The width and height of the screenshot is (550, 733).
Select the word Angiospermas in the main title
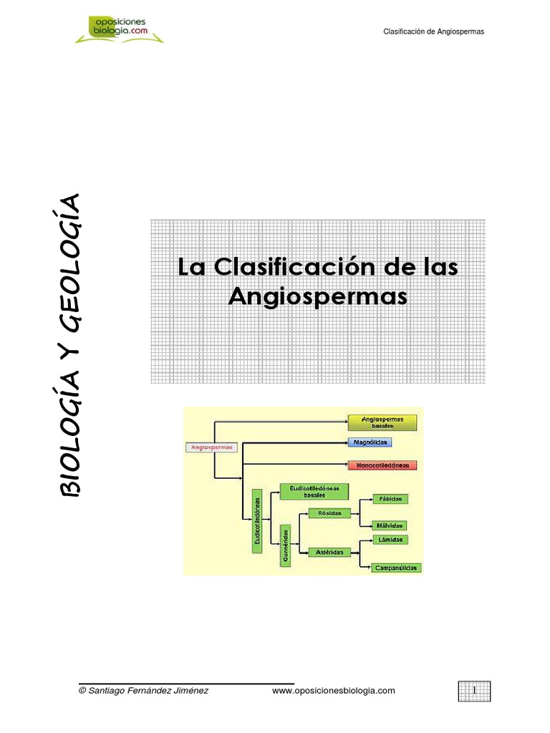[317, 296]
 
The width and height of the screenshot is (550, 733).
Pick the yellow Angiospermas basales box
[382, 422]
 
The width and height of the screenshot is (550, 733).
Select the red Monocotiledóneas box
[382, 465]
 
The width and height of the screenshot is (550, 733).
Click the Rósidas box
[329, 513]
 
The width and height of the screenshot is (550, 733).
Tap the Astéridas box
[329, 552]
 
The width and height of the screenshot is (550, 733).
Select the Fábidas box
[391, 497]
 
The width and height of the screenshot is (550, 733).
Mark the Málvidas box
[391, 525]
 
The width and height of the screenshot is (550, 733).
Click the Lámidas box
[391, 539]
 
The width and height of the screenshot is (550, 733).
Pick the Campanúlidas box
[396, 568]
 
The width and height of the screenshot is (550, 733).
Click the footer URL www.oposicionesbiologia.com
[334, 690]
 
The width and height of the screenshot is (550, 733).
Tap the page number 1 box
[474, 690]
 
